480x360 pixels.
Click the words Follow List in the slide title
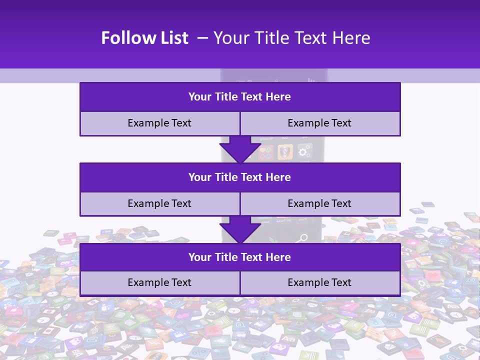[x=144, y=38]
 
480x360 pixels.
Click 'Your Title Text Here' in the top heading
[x=292, y=38]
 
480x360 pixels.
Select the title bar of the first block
[x=240, y=97]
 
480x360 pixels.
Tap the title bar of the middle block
[x=240, y=177]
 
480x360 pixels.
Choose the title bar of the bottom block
[x=240, y=257]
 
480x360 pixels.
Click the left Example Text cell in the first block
[x=159, y=123]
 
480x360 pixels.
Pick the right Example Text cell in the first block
[x=319, y=123]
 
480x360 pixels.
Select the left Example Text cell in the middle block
[x=159, y=203]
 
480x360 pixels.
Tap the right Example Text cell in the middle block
[x=319, y=203]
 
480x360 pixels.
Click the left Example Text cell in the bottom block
[x=159, y=283]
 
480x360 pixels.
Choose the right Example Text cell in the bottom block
[x=319, y=283]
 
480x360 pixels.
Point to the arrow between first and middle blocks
[x=240, y=149]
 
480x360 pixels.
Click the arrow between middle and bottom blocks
[x=240, y=229]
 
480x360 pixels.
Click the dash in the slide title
[x=202, y=38]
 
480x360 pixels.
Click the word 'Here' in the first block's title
[x=278, y=97]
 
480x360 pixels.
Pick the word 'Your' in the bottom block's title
[x=200, y=257]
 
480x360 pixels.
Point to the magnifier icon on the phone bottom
[x=302, y=237]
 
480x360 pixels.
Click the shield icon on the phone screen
[x=285, y=151]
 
